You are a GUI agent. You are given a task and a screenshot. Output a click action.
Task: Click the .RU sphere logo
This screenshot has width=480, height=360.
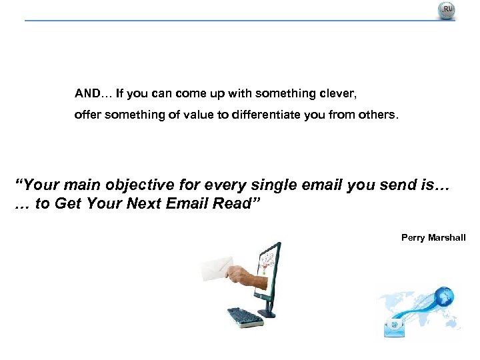point(446,11)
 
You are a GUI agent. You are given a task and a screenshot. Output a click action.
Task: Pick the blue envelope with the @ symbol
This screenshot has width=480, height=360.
point(395,325)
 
